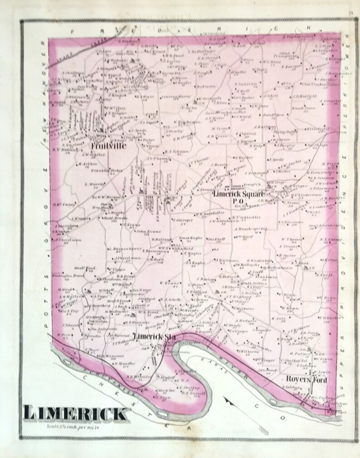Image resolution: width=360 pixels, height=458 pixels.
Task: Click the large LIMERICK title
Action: [75, 413]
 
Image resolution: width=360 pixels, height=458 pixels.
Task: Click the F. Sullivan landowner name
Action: [247, 83]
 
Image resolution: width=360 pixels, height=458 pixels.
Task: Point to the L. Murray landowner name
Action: [92, 184]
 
